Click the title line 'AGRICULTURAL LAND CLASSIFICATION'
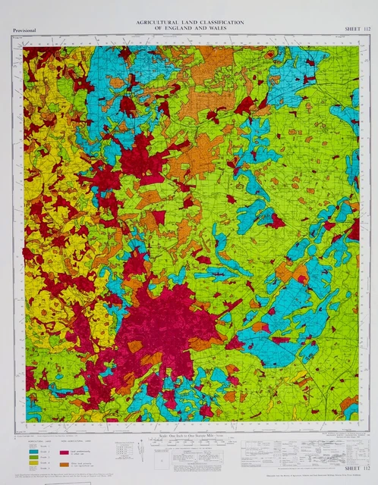pos(189,23)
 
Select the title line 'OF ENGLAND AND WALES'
pos(189,29)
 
